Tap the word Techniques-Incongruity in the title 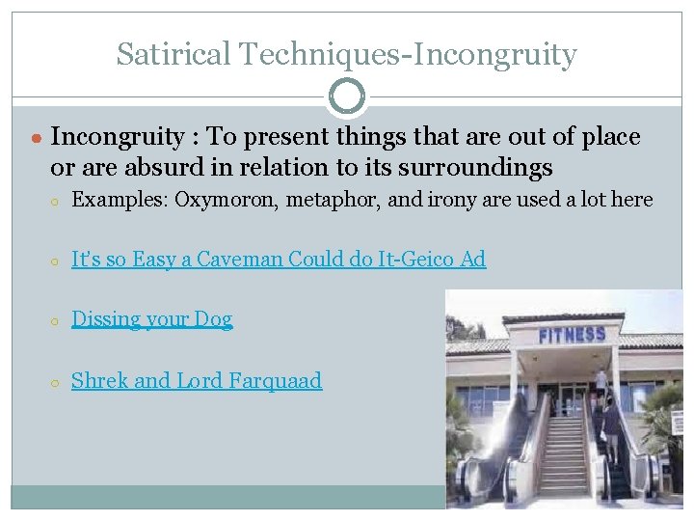click(411, 54)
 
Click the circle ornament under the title click(347, 96)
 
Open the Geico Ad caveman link click(279, 259)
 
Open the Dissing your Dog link click(152, 319)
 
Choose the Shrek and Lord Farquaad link click(197, 380)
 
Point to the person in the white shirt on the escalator click(600, 382)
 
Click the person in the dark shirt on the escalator click(610, 425)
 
